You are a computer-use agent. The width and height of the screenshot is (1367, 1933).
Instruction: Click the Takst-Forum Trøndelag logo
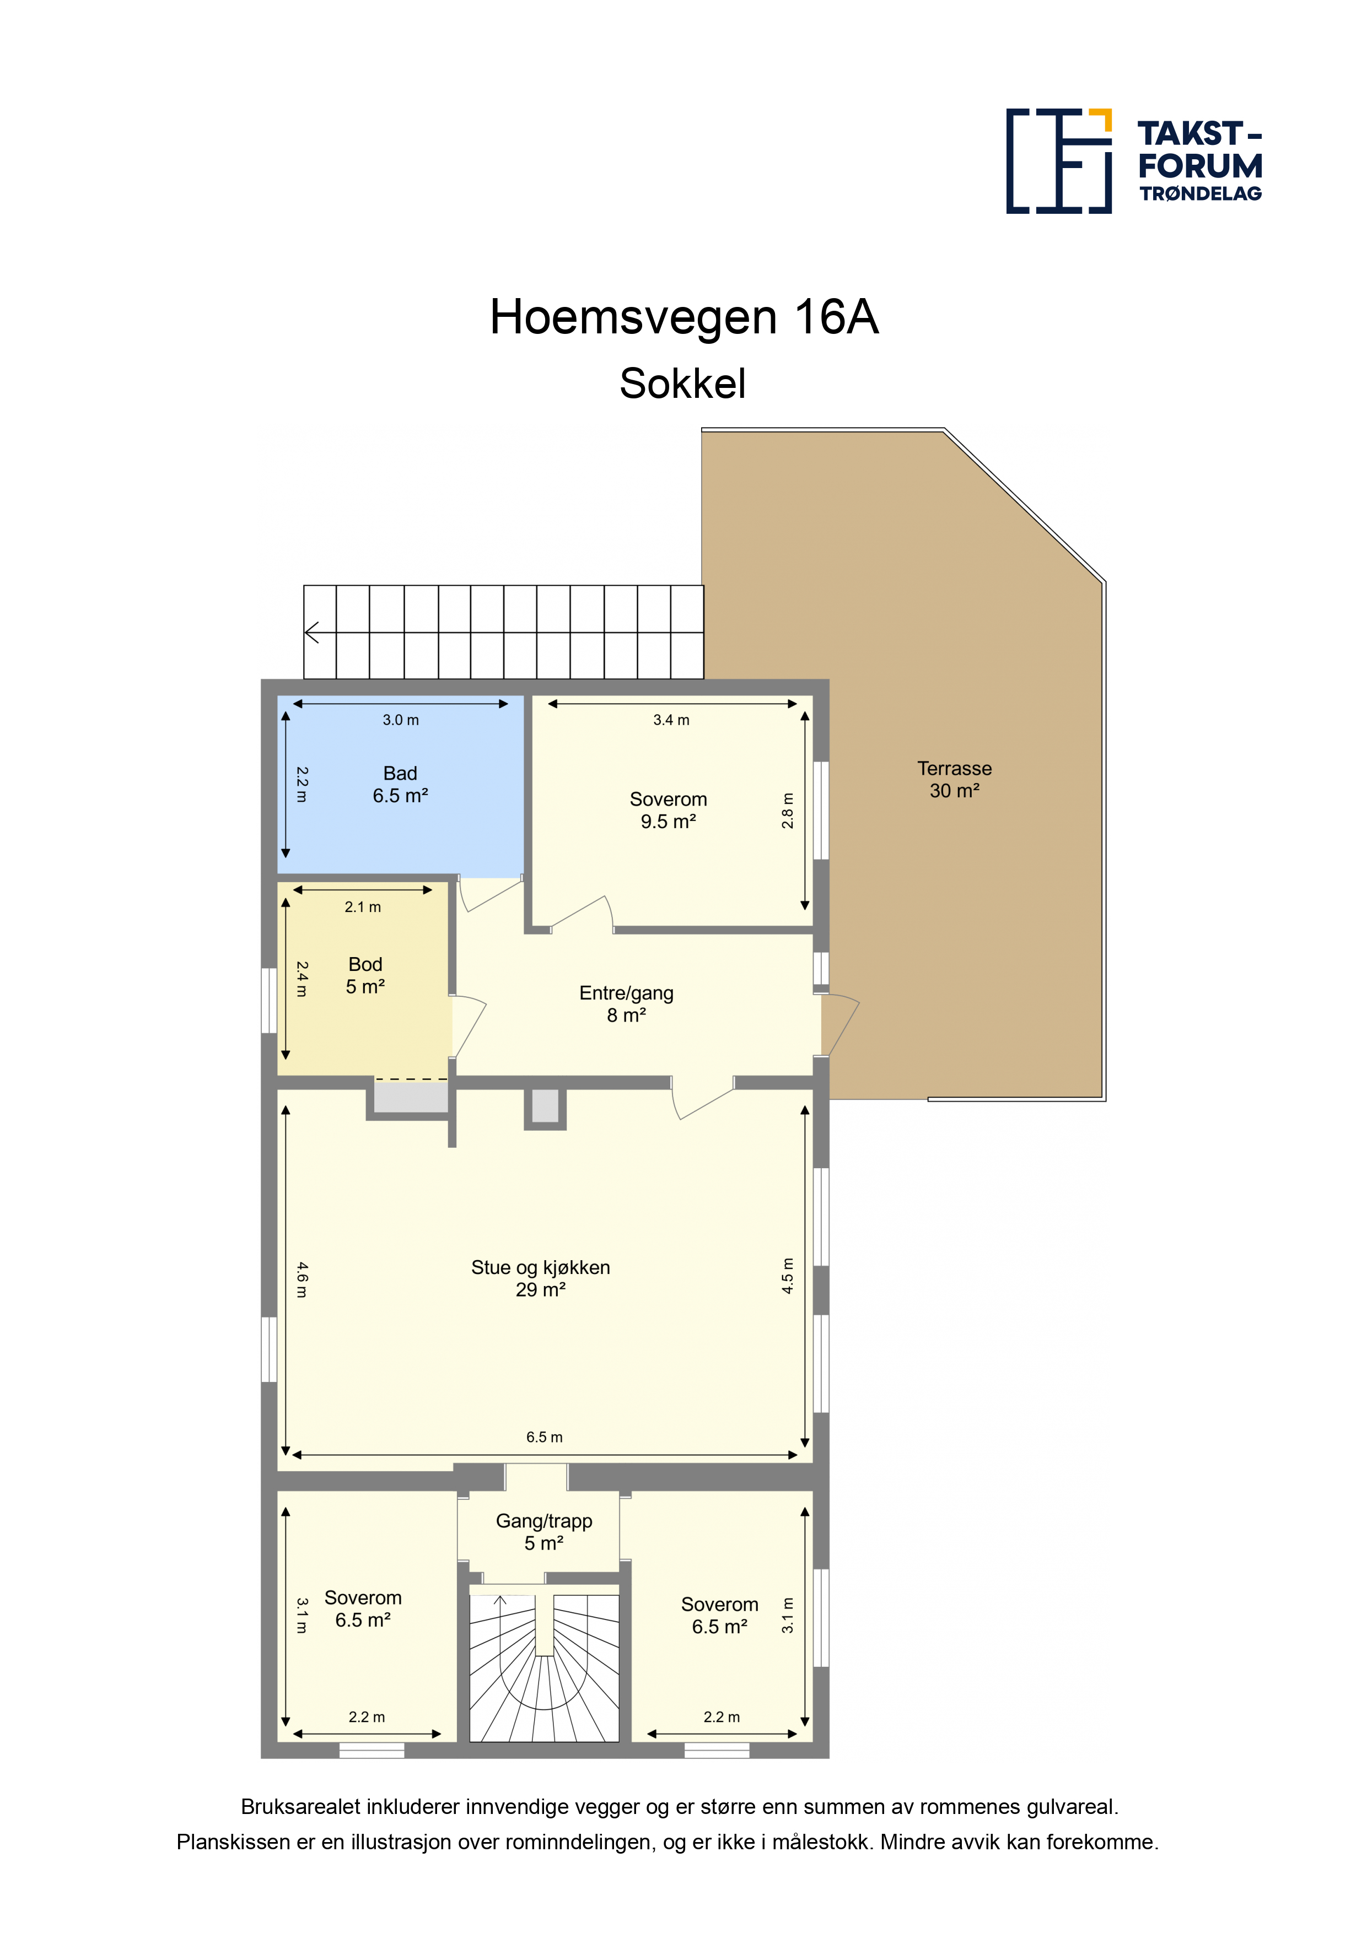point(1134,161)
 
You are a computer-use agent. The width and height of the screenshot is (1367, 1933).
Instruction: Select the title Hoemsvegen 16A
point(684,317)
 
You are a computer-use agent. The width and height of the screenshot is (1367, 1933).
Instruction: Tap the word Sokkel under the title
point(682,384)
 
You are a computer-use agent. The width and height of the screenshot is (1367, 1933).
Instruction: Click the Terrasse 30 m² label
point(954,780)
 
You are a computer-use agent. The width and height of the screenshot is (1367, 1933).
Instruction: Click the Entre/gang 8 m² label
point(626,1003)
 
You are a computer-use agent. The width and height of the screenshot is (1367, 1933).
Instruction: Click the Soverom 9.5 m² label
point(668,810)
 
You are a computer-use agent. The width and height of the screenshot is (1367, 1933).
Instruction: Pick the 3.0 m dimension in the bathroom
point(400,720)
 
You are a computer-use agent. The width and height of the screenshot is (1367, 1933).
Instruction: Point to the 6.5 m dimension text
point(544,1437)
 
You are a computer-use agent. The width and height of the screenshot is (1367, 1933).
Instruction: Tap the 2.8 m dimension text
point(788,811)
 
